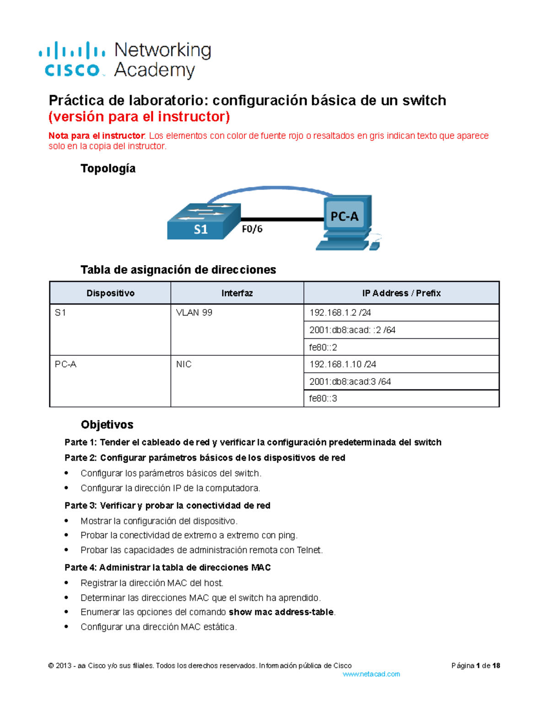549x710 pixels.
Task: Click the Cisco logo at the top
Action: [72, 59]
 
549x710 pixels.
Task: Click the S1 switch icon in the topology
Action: [204, 222]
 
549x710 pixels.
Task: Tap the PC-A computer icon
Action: [346, 222]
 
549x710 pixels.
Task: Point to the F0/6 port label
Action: [252, 229]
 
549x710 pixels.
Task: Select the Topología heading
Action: [108, 169]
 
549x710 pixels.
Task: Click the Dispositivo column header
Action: [110, 293]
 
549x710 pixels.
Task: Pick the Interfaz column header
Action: [237, 293]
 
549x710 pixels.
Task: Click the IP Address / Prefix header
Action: [401, 293]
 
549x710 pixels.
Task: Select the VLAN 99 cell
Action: [194, 313]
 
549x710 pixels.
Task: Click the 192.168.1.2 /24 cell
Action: [340, 313]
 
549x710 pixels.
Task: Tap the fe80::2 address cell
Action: [323, 347]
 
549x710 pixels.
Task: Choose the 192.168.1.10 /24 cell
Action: [343, 364]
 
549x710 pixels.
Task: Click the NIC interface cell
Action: [184, 364]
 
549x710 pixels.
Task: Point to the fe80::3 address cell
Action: [323, 399]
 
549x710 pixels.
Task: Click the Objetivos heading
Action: [107, 425]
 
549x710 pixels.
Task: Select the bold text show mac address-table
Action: [281, 612]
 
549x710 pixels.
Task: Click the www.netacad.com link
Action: [371, 674]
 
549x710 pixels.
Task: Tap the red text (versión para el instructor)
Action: [139, 117]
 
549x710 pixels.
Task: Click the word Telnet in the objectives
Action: [309, 550]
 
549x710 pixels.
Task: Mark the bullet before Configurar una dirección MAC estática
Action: [67, 627]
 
